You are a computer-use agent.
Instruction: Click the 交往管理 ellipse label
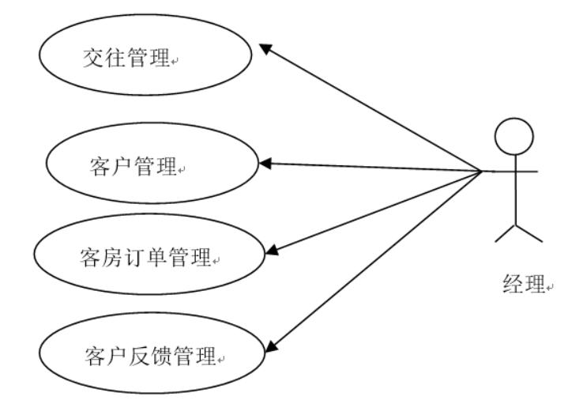126,58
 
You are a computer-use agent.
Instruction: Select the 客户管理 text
133,166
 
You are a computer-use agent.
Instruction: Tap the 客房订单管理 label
145,257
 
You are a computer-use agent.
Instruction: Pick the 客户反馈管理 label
151,356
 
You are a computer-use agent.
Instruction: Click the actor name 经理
524,284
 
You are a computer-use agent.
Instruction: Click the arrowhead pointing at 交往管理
265,48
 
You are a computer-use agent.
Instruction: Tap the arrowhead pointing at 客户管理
265,164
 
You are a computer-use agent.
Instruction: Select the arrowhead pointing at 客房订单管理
273,250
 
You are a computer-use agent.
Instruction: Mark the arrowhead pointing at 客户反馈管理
271,346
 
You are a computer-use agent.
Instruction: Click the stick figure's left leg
505,233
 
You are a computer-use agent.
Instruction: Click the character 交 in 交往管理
93,58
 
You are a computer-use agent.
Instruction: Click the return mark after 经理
550,287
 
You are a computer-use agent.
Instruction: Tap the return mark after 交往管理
175,62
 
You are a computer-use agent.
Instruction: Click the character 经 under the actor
513,284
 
